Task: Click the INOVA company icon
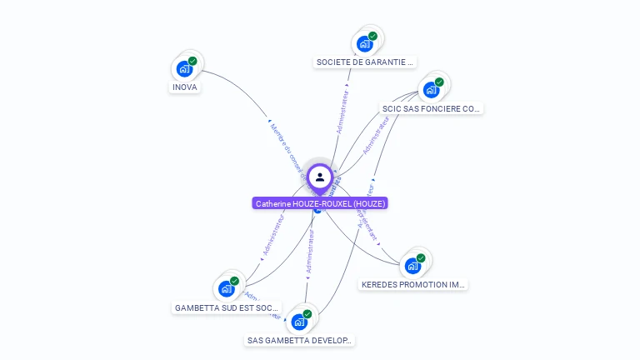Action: pos(184,68)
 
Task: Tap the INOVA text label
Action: pos(185,87)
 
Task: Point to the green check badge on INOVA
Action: pos(192,61)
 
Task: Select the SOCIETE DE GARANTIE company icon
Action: pos(364,43)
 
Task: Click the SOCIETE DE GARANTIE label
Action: pos(365,62)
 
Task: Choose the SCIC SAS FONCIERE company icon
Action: pos(431,90)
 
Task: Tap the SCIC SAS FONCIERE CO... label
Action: pos(431,108)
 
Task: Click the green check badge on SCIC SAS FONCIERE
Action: pos(439,82)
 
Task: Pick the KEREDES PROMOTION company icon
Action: pos(412,266)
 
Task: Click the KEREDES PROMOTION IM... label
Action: pos(413,284)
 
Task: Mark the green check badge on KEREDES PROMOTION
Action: pos(421,258)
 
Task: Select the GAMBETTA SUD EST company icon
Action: pos(226,289)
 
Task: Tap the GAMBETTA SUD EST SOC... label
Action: pos(227,307)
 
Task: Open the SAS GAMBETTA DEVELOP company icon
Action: pos(299,322)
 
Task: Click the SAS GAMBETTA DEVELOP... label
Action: pos(300,340)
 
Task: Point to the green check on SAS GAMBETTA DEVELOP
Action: pos(307,314)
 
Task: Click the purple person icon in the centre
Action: pos(320,177)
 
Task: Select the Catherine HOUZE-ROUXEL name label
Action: pos(321,203)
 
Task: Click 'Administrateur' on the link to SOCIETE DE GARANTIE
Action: pos(342,108)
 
